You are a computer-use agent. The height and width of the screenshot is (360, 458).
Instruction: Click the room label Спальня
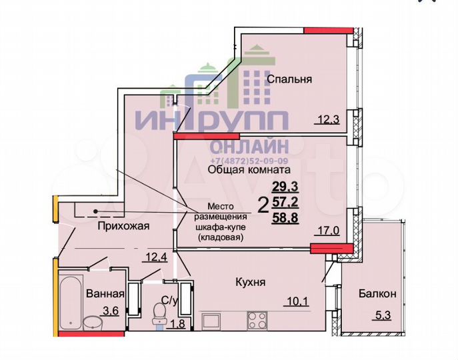289,79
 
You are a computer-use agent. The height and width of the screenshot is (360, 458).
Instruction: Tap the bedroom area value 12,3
328,120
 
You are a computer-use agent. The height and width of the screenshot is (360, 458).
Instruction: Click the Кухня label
251,283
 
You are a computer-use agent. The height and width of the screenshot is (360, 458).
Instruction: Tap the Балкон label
377,293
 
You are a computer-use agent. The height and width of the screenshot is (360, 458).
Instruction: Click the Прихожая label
123,226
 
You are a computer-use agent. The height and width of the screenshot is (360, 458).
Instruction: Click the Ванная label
105,294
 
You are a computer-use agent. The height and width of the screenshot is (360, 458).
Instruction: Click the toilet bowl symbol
159,316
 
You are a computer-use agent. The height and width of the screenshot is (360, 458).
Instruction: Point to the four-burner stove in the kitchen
257,321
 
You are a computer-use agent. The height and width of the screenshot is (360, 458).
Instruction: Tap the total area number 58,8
285,217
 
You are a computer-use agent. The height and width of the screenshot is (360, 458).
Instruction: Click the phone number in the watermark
249,161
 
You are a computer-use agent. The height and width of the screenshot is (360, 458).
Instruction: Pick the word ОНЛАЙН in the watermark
249,146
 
